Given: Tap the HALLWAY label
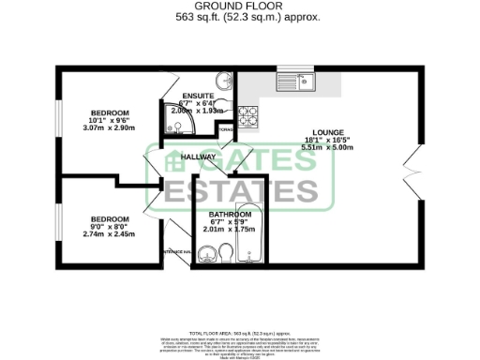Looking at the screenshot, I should coord(199,157).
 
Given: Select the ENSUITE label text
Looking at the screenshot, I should coord(199,96).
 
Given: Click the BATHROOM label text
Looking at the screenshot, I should coord(230,214).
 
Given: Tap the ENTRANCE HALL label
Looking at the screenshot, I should coord(176,252).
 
